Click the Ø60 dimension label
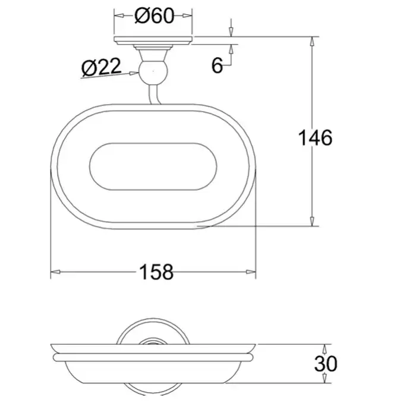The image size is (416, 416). [x=154, y=15]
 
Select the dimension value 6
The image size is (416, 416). [x=217, y=65]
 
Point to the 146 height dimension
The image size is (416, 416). [x=315, y=138]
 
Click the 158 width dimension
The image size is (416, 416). [x=156, y=272]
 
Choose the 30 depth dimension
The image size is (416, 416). [x=326, y=364]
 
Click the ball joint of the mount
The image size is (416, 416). [x=153, y=72]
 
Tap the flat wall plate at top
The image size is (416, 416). [x=153, y=40]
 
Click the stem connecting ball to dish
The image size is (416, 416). [x=154, y=94]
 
